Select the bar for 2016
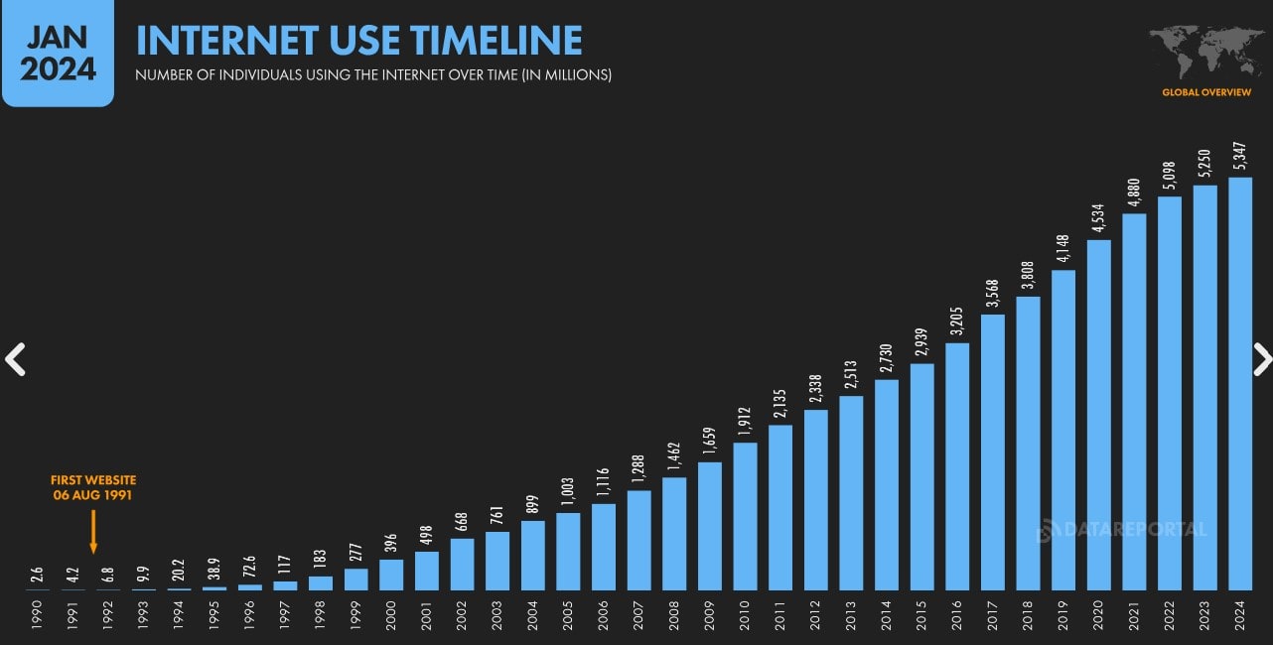click(957, 466)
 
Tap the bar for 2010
click(745, 516)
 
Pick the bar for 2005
click(568, 551)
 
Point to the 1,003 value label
click(568, 492)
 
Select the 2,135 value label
click(780, 405)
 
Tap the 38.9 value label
click(214, 572)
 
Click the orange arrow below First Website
click(93, 531)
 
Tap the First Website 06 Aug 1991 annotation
click(93, 487)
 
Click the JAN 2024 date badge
click(58, 54)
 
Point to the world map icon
click(1206, 52)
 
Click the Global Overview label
click(1206, 92)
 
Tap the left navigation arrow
click(15, 359)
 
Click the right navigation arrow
click(1261, 359)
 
